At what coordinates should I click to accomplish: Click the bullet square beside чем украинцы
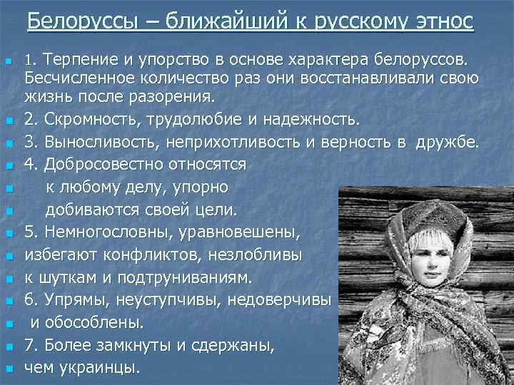[x=9, y=369]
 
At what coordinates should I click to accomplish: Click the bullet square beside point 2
[x=9, y=118]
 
